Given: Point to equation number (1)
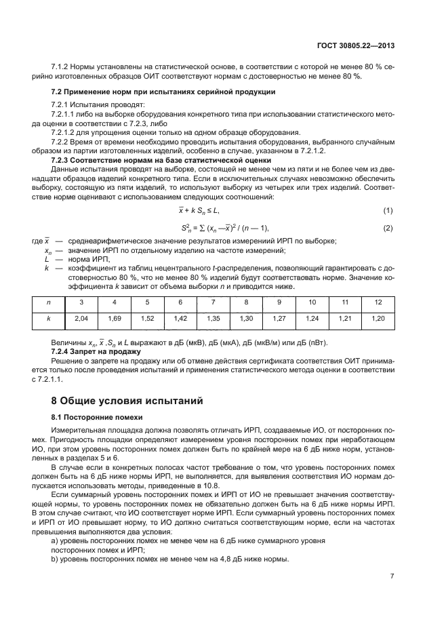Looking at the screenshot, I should coord(388,212).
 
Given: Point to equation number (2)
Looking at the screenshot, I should coord(388,228).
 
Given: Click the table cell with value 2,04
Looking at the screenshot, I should coord(81,317).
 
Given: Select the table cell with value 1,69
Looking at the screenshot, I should coord(114,317).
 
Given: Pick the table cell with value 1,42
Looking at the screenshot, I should coord(180,317).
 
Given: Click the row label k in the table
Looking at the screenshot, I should coord(48,317).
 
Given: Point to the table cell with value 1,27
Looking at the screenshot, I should coord(279,317).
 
